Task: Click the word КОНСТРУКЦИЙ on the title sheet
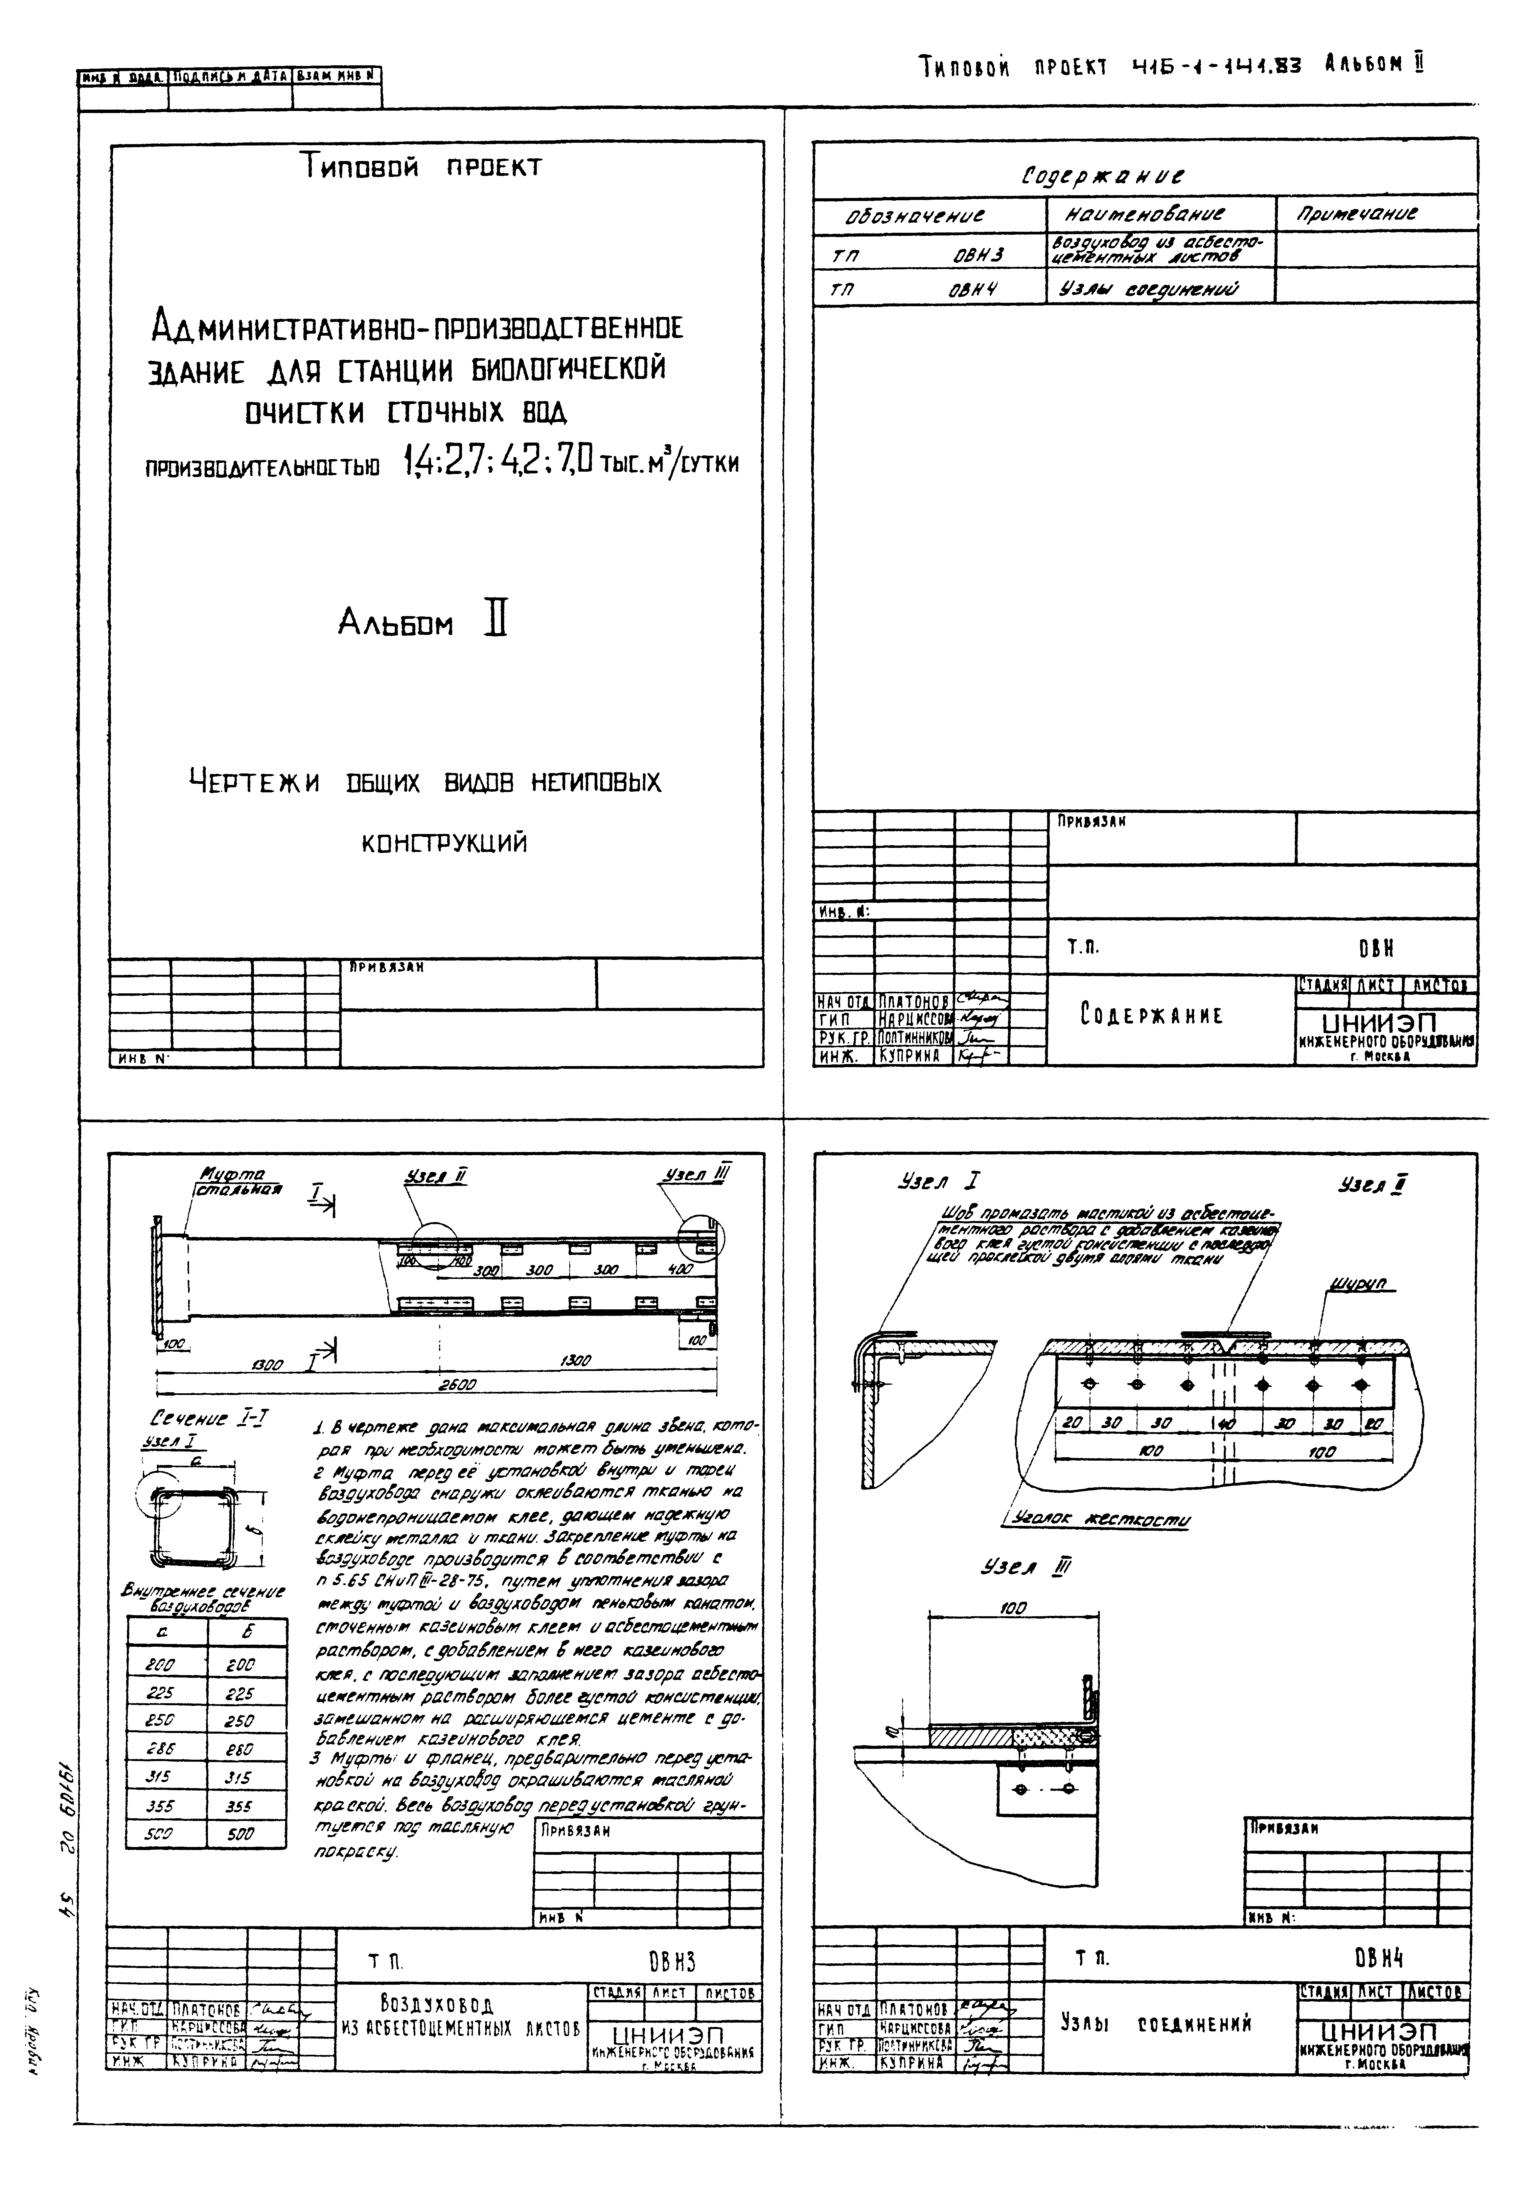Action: coord(444,843)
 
